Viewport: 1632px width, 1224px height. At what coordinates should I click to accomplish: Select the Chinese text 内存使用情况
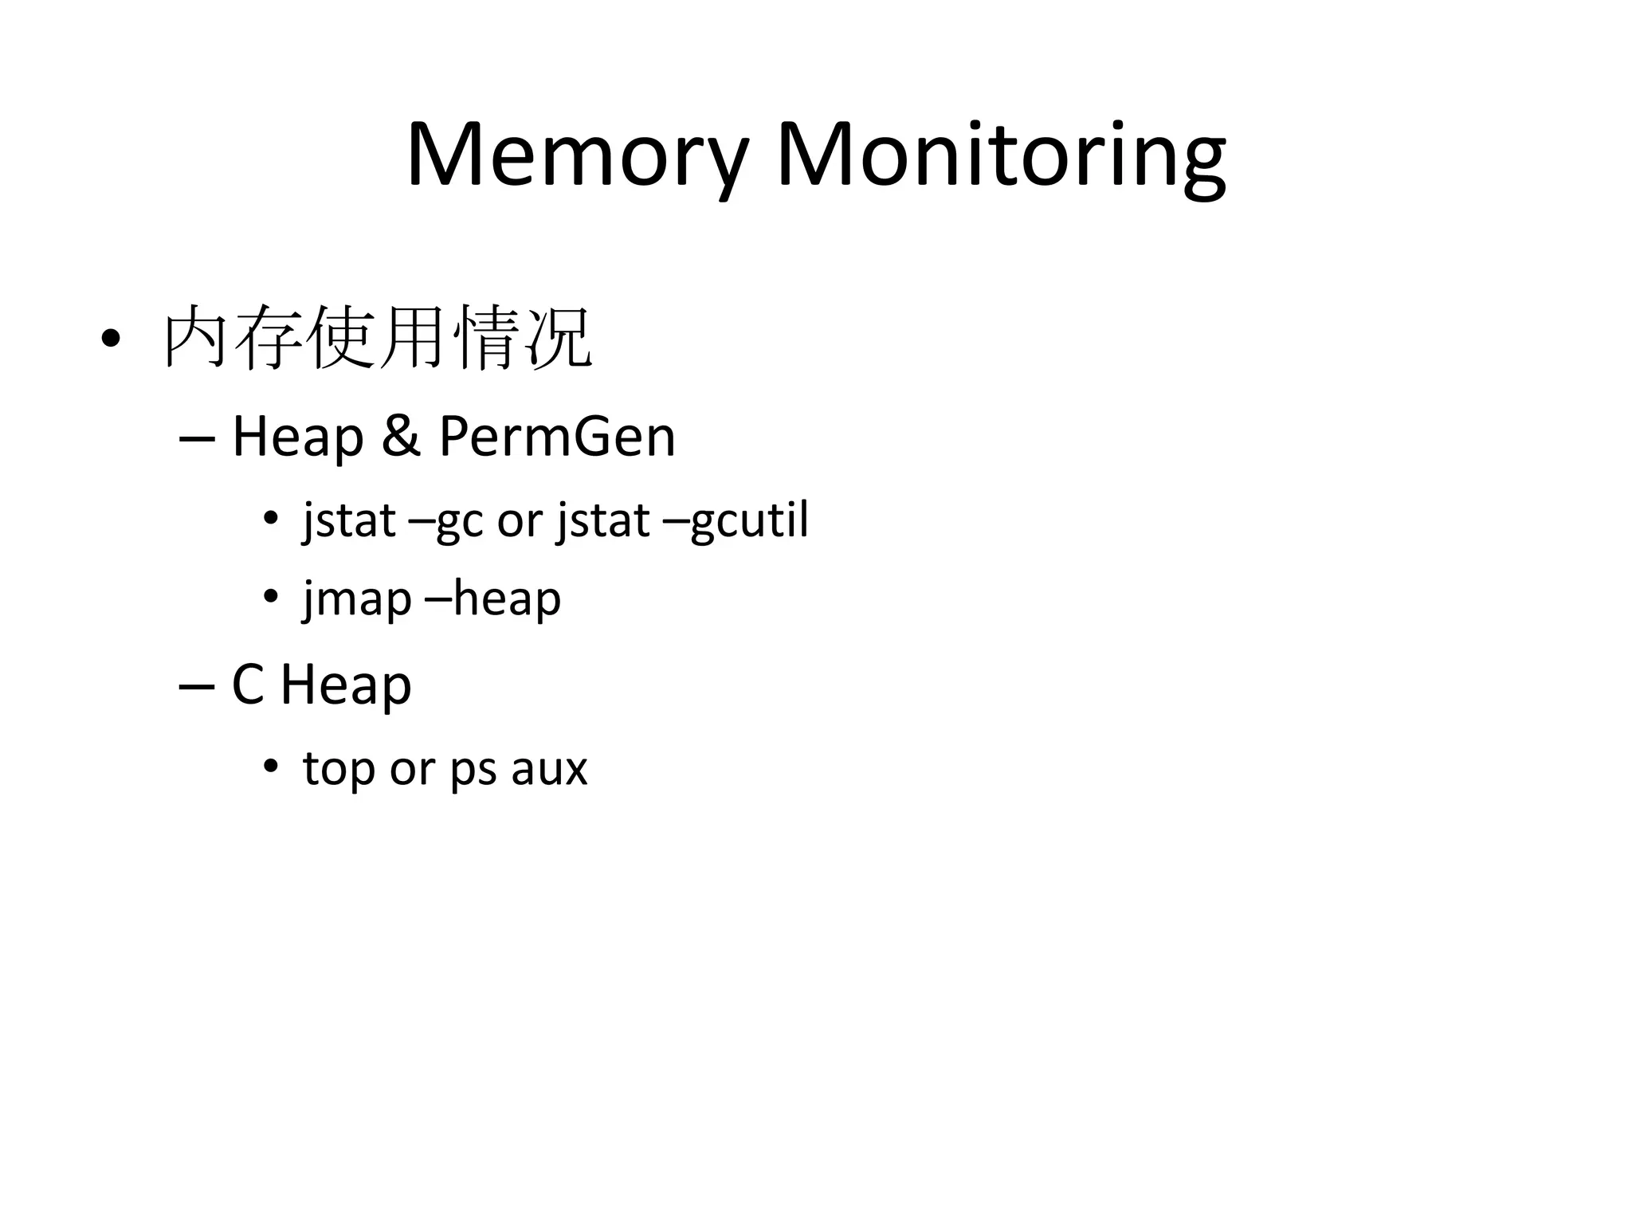[378, 338]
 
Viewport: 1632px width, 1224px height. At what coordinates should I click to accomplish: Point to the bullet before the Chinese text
[111, 339]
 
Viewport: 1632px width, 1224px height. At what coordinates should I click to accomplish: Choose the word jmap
[357, 599]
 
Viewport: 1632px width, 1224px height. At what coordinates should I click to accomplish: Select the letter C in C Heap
[247, 685]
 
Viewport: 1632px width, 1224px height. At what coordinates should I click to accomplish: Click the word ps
[474, 770]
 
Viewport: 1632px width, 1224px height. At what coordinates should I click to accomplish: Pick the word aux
[549, 769]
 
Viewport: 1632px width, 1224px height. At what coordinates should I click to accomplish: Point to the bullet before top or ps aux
[271, 766]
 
